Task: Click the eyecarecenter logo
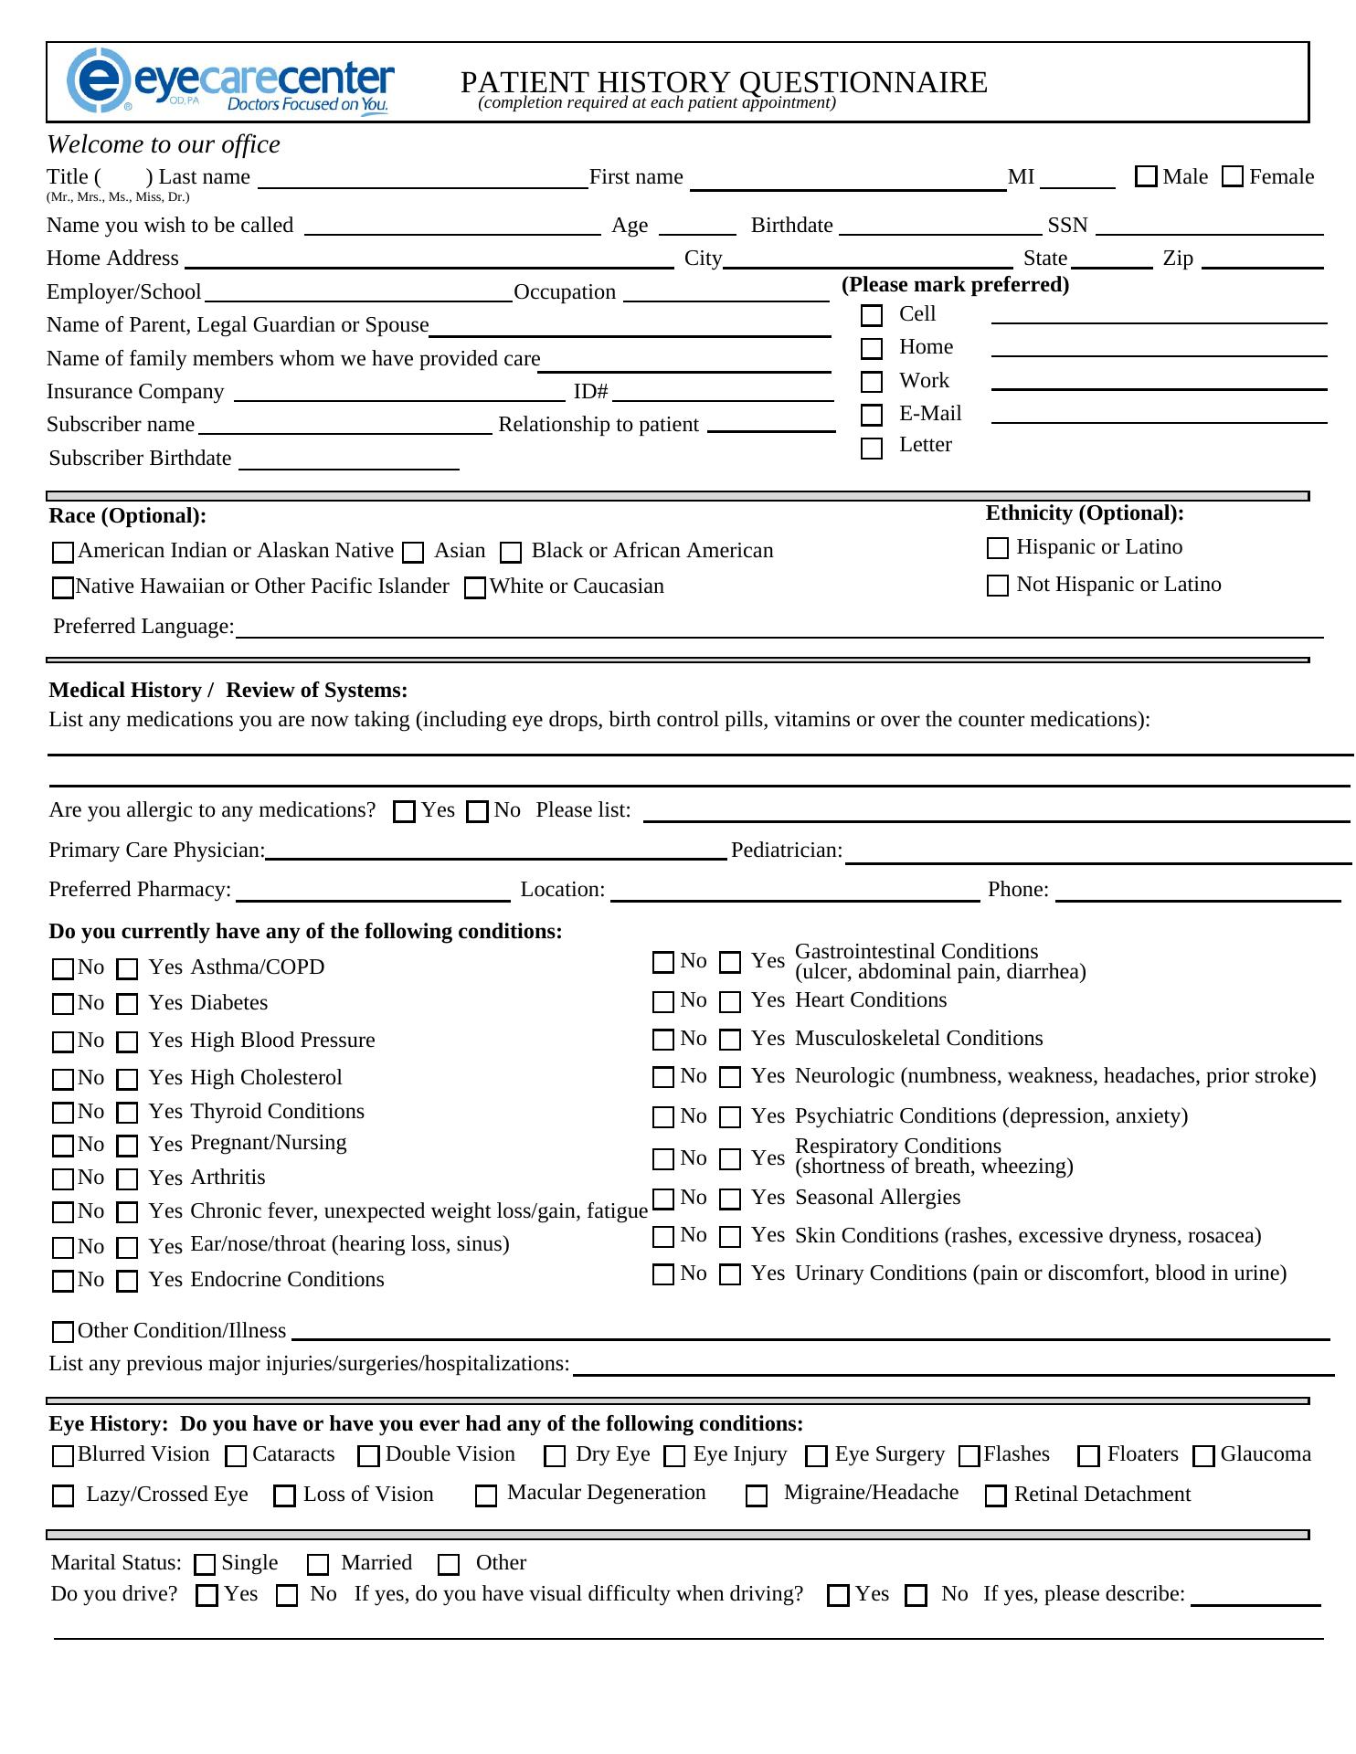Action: pos(230,82)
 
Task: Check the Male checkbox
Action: pos(1146,177)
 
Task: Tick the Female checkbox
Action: pos(1233,177)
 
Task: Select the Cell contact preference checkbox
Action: pos(872,316)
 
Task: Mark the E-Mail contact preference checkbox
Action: pos(872,416)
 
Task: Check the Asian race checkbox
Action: pos(414,553)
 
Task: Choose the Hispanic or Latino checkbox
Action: pos(998,548)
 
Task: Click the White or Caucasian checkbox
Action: pos(475,589)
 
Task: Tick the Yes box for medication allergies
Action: pos(404,812)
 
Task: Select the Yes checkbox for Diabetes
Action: pos(128,1005)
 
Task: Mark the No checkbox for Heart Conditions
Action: pos(663,1002)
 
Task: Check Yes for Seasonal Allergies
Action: pos(730,1199)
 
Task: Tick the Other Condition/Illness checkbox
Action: pos(63,1333)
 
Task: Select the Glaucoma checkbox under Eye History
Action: pos(1204,1456)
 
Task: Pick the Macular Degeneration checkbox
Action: pos(487,1496)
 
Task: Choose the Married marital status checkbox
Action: pos(318,1566)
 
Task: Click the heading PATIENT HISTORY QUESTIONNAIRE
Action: pos(724,82)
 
